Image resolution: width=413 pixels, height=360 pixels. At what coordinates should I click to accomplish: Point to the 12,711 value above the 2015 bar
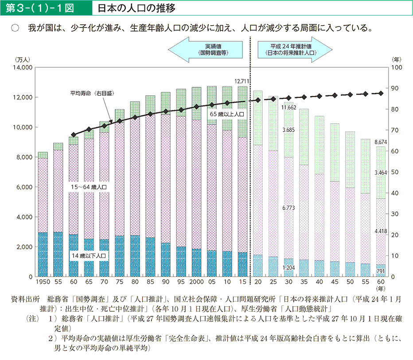pyautogui.click(x=242, y=81)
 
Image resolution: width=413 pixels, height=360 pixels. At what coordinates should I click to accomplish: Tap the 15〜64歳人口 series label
pyautogui.click(x=89, y=188)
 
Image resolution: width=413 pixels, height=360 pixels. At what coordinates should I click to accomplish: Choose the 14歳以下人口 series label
pyautogui.click(x=89, y=256)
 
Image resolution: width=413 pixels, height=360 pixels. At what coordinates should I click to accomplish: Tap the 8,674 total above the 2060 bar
pyautogui.click(x=381, y=141)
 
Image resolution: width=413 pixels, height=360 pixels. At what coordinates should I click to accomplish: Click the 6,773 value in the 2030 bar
pyautogui.click(x=288, y=207)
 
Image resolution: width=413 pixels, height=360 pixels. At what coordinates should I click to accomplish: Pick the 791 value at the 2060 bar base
pyautogui.click(x=381, y=270)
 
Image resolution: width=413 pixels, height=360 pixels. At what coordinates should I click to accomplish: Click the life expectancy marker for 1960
pyautogui.click(x=74, y=134)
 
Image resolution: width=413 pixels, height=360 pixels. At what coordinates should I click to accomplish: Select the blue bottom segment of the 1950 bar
pyautogui.click(x=43, y=254)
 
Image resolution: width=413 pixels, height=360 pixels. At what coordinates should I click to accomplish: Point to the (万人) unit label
pyautogui.click(x=22, y=59)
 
